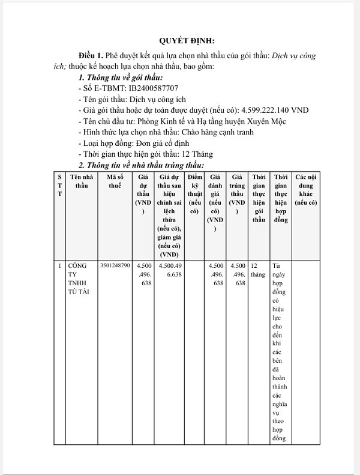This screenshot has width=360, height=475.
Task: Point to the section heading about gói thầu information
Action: tap(121, 78)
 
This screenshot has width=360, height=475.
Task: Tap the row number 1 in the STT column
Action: tap(59, 265)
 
